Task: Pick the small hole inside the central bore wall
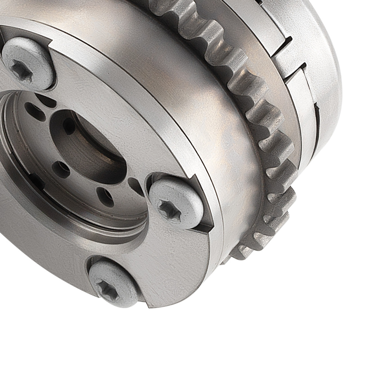[x=69, y=126]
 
